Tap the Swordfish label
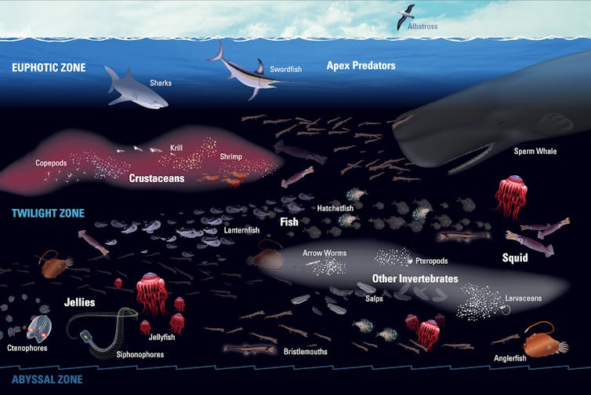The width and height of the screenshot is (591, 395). [x=285, y=69]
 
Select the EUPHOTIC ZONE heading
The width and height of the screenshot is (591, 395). [x=49, y=68]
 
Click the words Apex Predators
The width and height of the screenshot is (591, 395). [x=361, y=66]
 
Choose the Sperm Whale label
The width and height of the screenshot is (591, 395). [x=535, y=152]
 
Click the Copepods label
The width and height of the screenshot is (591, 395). [x=51, y=163]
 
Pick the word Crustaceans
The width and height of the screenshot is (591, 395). [x=157, y=178]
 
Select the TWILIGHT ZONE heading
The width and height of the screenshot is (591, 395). [x=49, y=214]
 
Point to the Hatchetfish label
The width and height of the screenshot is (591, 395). [x=335, y=208]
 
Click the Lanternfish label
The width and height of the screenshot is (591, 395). [x=241, y=230]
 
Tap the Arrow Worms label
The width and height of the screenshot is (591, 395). [x=325, y=253]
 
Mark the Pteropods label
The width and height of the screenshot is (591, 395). [x=432, y=261]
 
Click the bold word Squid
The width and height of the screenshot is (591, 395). [x=515, y=258]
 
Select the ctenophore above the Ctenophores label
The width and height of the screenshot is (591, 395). [x=39, y=327]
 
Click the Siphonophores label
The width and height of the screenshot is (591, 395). [x=140, y=355]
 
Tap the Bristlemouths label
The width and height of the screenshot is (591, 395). [x=306, y=352]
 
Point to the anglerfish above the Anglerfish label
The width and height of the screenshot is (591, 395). [x=542, y=341]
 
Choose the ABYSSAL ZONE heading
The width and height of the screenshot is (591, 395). [x=47, y=379]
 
